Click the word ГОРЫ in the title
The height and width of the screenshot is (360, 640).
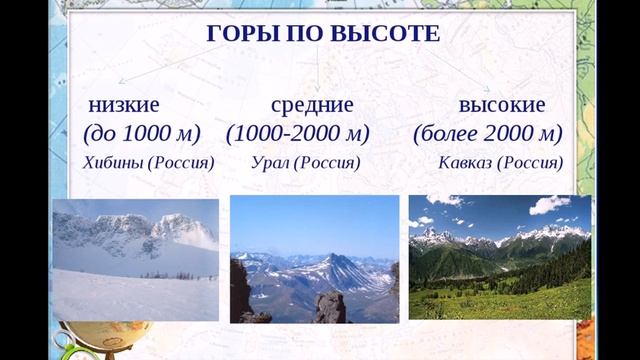pyautogui.click(x=238, y=34)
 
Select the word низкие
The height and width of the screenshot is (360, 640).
pyautogui.click(x=124, y=105)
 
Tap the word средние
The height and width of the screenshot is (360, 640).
pyautogui.click(x=312, y=105)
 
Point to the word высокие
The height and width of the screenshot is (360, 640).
pyautogui.click(x=501, y=105)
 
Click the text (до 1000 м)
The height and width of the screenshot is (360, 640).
pyautogui.click(x=141, y=133)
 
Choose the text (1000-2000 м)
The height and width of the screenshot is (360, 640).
pyautogui.click(x=298, y=133)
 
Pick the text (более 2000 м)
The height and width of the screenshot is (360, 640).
pyautogui.click(x=487, y=133)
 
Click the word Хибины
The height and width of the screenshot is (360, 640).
pyautogui.click(x=113, y=162)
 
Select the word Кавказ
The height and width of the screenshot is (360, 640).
pyautogui.click(x=466, y=162)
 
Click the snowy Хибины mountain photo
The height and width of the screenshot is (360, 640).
pyautogui.click(x=135, y=259)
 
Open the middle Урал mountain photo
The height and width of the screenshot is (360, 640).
pyautogui.click(x=314, y=258)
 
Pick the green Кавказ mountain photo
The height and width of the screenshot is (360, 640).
pyautogui.click(x=499, y=257)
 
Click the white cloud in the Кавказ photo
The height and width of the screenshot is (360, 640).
pyautogui.click(x=548, y=204)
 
